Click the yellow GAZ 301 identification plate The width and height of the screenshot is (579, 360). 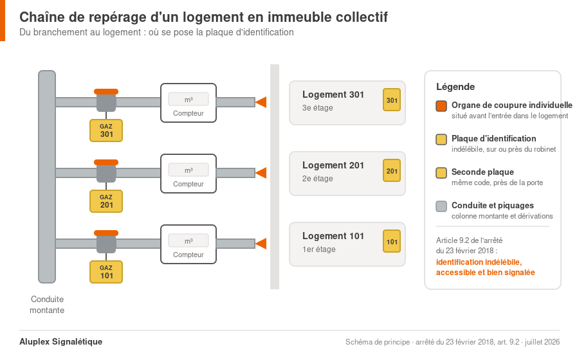click(x=106, y=130)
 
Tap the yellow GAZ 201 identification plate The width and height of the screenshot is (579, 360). click(x=106, y=201)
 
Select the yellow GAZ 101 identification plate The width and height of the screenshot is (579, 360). click(x=106, y=272)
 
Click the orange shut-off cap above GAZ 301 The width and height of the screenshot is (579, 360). click(x=106, y=91)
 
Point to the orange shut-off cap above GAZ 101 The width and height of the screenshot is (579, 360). click(x=106, y=233)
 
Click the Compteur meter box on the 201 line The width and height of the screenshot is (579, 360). click(x=188, y=174)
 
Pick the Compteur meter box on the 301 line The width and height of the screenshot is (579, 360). click(x=188, y=103)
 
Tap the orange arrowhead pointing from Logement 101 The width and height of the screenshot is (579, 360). click(x=261, y=244)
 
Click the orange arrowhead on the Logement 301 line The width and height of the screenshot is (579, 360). click(x=261, y=102)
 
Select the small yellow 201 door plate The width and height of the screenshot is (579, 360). click(x=392, y=170)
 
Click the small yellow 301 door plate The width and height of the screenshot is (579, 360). click(x=392, y=100)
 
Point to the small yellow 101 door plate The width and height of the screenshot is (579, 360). click(x=392, y=241)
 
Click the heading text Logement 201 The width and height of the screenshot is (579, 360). click(x=333, y=165)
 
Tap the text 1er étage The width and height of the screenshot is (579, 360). click(x=318, y=249)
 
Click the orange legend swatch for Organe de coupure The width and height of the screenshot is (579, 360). click(x=441, y=106)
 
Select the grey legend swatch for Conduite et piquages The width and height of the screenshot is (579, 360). click(x=441, y=206)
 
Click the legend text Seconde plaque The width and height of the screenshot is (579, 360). click(x=482, y=172)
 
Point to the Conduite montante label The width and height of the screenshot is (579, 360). click(x=47, y=305)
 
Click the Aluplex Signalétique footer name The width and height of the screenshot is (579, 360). click(x=61, y=341)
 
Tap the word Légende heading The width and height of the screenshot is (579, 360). click(x=455, y=87)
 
